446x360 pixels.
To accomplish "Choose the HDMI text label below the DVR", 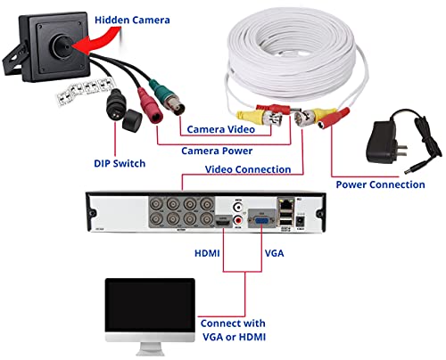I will coord(209,252).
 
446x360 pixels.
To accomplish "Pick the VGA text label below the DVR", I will coord(276,252).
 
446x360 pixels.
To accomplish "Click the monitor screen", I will coord(150,307).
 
